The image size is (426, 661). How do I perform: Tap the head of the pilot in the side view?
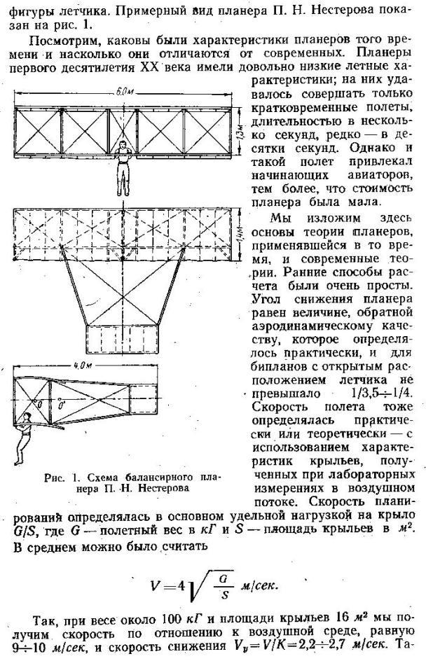click(26, 419)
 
